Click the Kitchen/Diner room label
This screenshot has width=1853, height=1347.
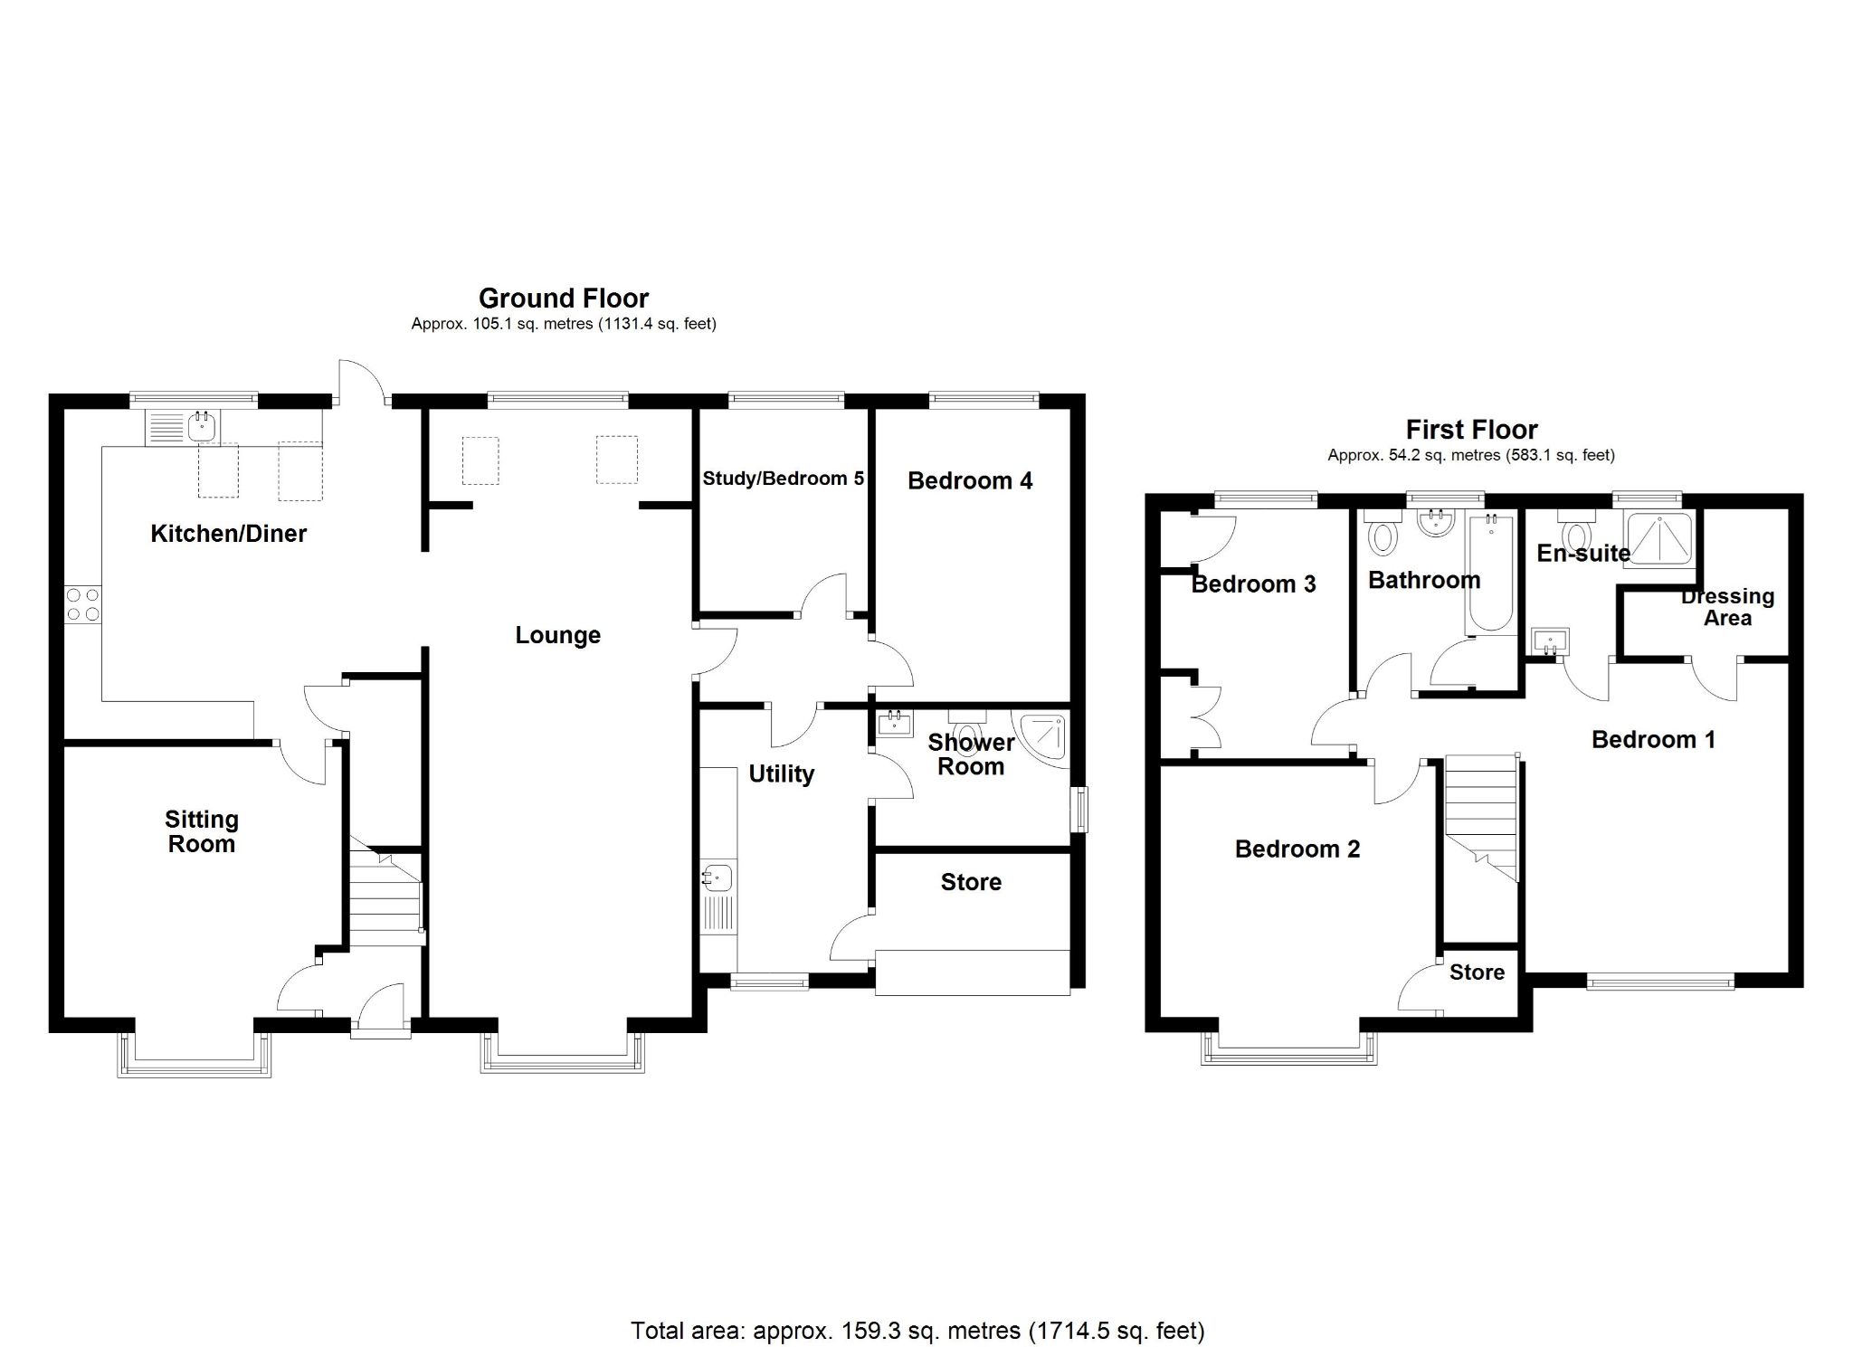coord(228,534)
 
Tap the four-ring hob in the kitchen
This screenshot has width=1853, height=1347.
coord(83,604)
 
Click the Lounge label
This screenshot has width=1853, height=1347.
coord(557,635)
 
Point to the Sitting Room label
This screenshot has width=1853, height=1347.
coord(201,831)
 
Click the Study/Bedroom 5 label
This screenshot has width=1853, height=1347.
coord(783,479)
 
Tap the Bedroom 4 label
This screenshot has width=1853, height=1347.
coord(969,480)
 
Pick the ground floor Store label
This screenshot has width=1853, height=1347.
coord(971,882)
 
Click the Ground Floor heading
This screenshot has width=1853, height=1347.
coord(563,298)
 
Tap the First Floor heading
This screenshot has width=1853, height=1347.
coord(1471,429)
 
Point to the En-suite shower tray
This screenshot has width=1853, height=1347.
coord(1658,539)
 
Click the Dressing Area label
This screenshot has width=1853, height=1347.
coord(1726,607)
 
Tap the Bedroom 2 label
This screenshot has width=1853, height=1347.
coord(1297,849)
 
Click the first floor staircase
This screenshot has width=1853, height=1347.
coord(1480,814)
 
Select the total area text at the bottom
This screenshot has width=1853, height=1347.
coord(917,1330)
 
